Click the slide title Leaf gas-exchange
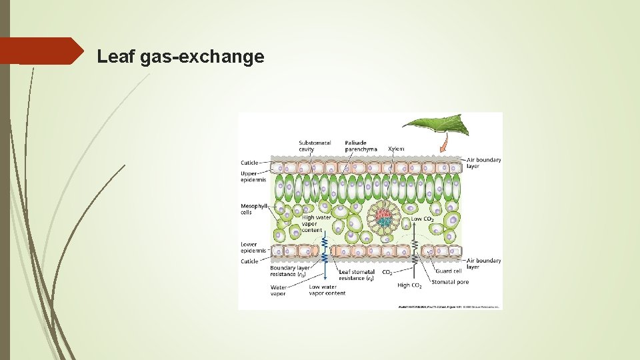[180, 57]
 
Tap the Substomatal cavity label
[315, 146]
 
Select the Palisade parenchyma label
[361, 146]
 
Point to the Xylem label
[396, 149]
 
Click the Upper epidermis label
[253, 176]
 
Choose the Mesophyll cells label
[253, 209]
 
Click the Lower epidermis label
[253, 247]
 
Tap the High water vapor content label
[317, 223]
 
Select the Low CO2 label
[422, 219]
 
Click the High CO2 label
[409, 285]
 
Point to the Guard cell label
[448, 271]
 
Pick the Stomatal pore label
[450, 282]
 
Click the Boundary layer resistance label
[290, 271]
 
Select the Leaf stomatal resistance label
[357, 275]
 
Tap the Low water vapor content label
[327, 290]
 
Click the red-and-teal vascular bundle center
[383, 217]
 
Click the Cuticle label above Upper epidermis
[249, 162]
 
